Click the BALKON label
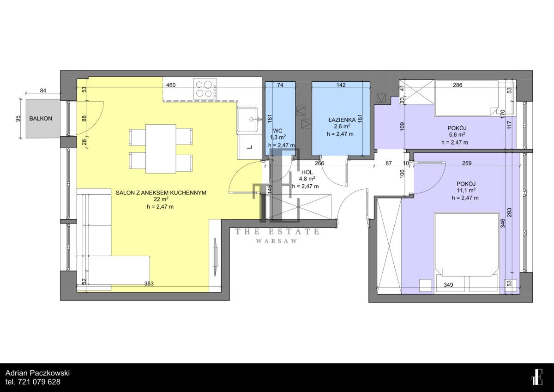41,119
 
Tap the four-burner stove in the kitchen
205,89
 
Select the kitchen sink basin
247,119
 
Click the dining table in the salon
161,149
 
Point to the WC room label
277,131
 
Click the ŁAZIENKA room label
342,120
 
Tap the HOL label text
307,172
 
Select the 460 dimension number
171,85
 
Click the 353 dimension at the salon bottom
149,283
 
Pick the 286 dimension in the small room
458,85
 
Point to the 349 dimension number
448,285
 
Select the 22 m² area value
161,199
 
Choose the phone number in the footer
33,382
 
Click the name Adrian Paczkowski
37,373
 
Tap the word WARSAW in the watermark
277,241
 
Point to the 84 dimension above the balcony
43,90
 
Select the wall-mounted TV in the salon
216,257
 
